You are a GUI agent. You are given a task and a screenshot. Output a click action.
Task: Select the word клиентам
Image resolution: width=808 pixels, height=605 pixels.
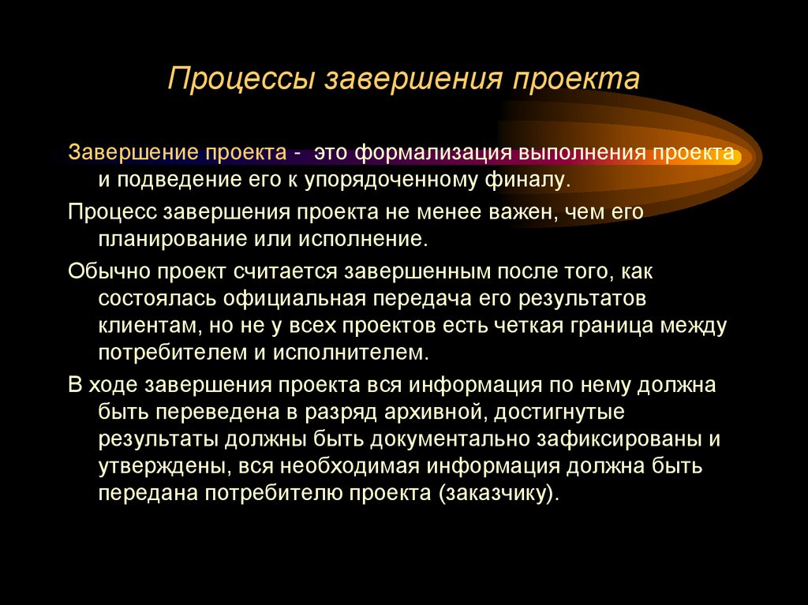click(142, 324)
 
